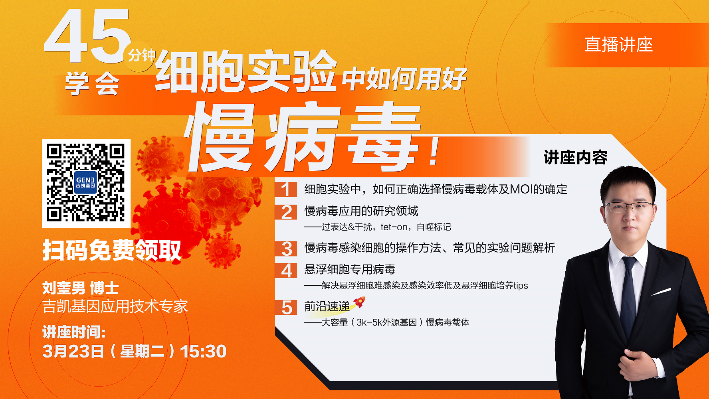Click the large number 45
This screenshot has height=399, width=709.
click(x=88, y=37)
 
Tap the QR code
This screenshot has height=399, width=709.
click(x=86, y=183)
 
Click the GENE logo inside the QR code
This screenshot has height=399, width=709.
click(x=85, y=182)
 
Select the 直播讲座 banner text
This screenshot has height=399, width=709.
click(x=618, y=45)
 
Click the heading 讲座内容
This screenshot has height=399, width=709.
click(x=575, y=158)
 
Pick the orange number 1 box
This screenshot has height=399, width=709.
click(x=286, y=190)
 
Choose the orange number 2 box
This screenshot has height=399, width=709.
click(x=286, y=212)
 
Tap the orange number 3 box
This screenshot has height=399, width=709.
click(x=286, y=249)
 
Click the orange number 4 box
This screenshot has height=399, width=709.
click(x=286, y=270)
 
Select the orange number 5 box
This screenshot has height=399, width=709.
click(x=286, y=307)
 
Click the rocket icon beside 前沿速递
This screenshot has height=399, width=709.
click(x=359, y=302)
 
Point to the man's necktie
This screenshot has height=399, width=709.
click(x=628, y=295)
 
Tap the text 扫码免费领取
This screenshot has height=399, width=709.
click(x=112, y=250)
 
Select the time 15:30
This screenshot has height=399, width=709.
click(x=203, y=352)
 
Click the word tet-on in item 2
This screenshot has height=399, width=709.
click(x=394, y=227)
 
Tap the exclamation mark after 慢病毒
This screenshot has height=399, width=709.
click(x=434, y=152)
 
